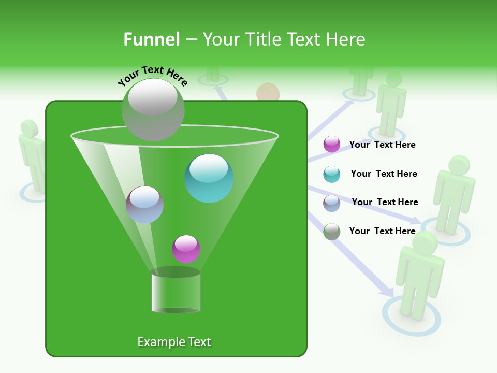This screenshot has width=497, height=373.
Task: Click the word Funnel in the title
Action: tap(151, 39)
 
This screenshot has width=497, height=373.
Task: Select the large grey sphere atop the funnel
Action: tap(153, 109)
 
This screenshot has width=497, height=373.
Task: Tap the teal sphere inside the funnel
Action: tap(209, 178)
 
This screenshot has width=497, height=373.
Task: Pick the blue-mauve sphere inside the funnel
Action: tap(144, 205)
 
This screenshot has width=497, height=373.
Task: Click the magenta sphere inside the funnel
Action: tap(186, 249)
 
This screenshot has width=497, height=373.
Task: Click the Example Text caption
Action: tap(174, 342)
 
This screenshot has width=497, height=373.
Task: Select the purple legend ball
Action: tap(332, 145)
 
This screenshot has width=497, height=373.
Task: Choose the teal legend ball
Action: tap(332, 174)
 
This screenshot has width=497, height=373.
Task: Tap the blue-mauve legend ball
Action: tap(332, 203)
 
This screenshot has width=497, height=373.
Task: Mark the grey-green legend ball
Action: tap(332, 232)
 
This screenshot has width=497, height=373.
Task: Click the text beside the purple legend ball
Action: tap(382, 145)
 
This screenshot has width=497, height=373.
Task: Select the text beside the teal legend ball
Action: tap(384, 174)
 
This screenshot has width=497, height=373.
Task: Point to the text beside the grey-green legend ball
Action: tap(382, 231)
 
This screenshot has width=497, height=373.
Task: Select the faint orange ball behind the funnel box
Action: tap(268, 93)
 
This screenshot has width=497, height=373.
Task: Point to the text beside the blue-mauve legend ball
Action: tap(385, 202)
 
